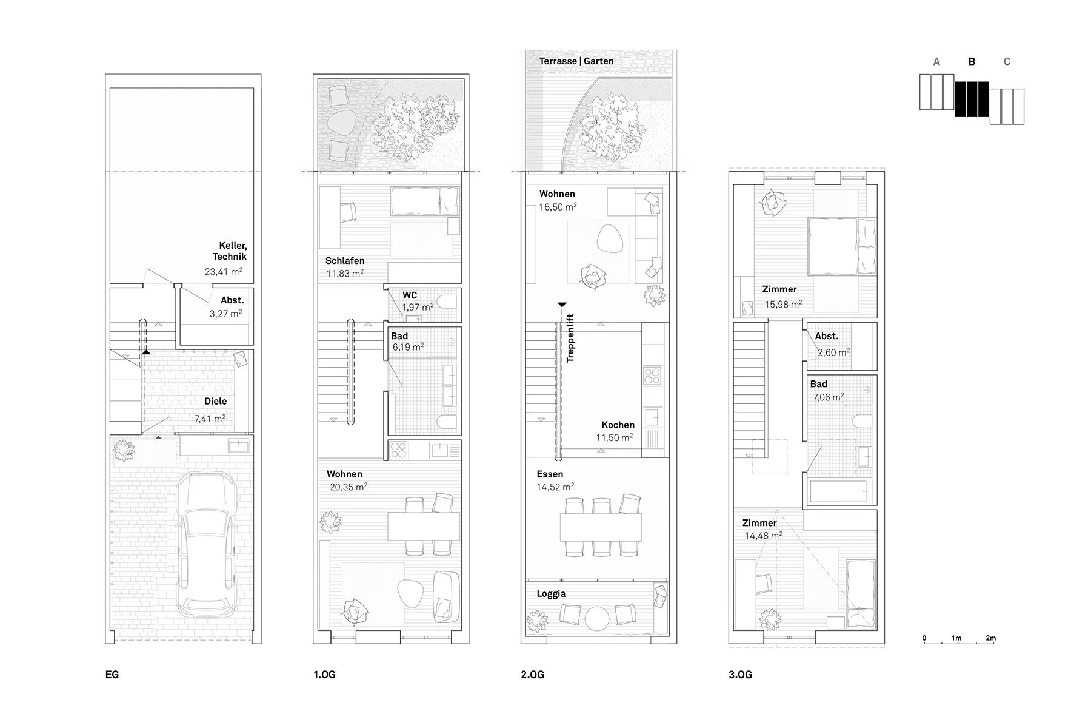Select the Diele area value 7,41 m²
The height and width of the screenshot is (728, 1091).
tap(210, 419)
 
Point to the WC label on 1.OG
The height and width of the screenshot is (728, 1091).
tap(410, 295)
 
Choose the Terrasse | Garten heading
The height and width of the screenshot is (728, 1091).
tap(576, 61)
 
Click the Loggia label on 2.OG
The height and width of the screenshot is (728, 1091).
tap(551, 593)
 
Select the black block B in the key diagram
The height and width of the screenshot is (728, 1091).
tap(972, 99)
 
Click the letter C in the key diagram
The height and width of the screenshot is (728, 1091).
tap(1007, 62)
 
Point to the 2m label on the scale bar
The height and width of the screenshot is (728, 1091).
tap(990, 638)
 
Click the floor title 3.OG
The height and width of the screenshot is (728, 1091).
tap(740, 675)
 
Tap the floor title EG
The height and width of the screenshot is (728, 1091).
tap(112, 675)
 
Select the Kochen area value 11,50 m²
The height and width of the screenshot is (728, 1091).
tap(614, 438)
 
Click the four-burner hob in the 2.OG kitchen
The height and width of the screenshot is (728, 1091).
tap(652, 376)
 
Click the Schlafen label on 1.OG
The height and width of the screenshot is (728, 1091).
tap(345, 261)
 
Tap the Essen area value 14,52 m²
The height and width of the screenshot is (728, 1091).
tap(555, 487)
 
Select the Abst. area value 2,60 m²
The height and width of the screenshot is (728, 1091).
tap(833, 352)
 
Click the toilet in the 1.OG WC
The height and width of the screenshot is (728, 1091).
tap(447, 303)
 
